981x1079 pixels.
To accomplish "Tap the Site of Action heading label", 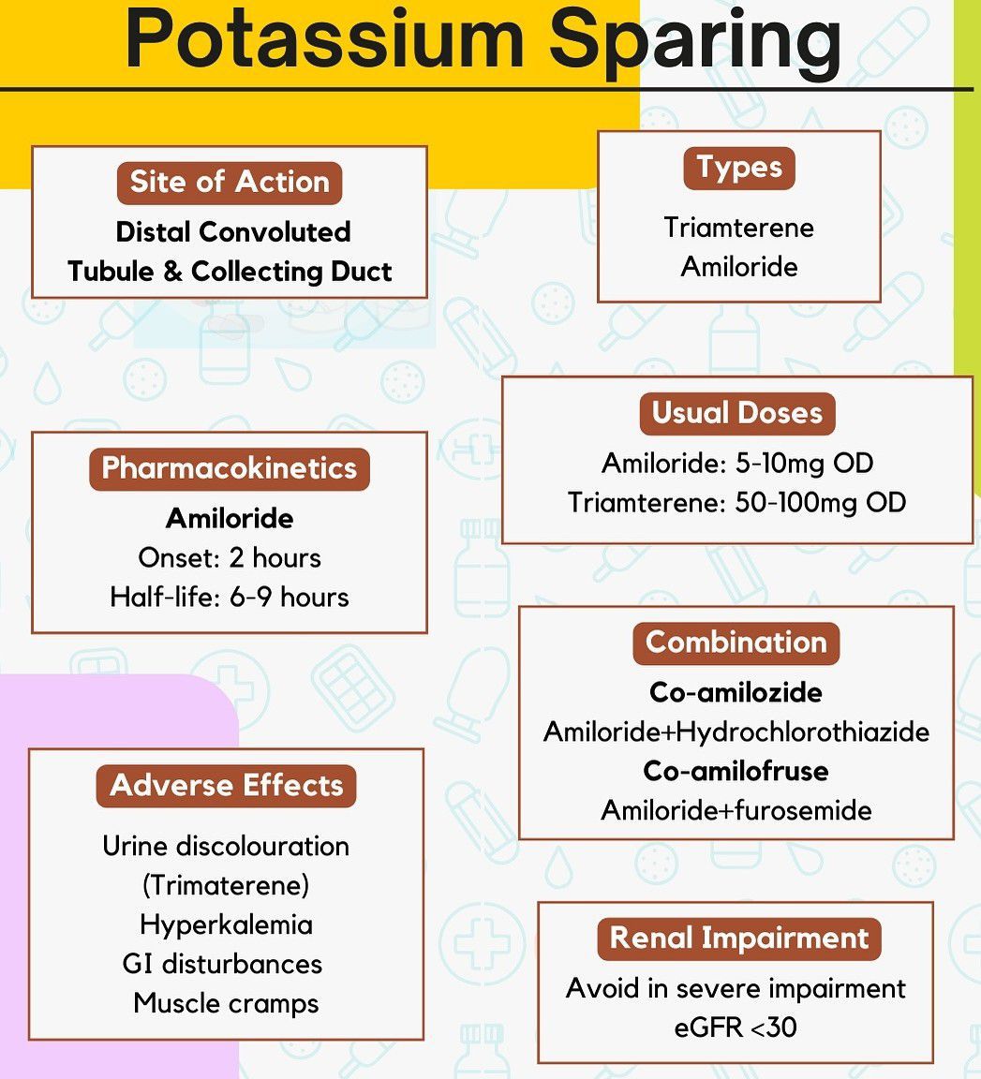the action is tap(230, 183).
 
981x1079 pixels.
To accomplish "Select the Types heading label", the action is tap(738, 168).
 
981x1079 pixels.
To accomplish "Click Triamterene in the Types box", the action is tap(738, 228).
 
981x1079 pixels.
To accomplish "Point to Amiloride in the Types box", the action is tap(738, 267).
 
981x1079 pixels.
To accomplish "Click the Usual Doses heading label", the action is tap(737, 414).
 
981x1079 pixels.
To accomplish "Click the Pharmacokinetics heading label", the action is tap(230, 468).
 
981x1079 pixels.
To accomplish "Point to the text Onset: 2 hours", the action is tap(230, 558).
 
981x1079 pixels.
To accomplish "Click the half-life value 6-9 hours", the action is tap(290, 598).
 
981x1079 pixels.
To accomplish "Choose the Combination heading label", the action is tap(736, 643).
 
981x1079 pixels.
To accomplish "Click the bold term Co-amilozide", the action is tap(736, 692).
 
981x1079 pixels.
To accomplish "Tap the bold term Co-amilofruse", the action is tap(736, 771).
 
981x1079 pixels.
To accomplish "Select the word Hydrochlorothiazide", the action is tap(803, 732).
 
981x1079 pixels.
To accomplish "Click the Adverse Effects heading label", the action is tap(227, 786).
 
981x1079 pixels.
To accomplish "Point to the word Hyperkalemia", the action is tap(227, 924).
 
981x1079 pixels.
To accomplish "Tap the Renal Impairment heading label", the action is tap(739, 939).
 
